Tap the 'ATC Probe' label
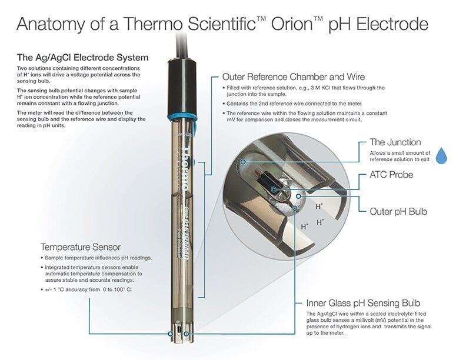(x=391, y=175)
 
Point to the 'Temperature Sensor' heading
(x=82, y=247)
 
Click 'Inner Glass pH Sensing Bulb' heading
(x=362, y=303)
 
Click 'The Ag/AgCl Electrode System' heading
(x=82, y=58)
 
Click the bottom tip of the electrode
(x=179, y=335)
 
